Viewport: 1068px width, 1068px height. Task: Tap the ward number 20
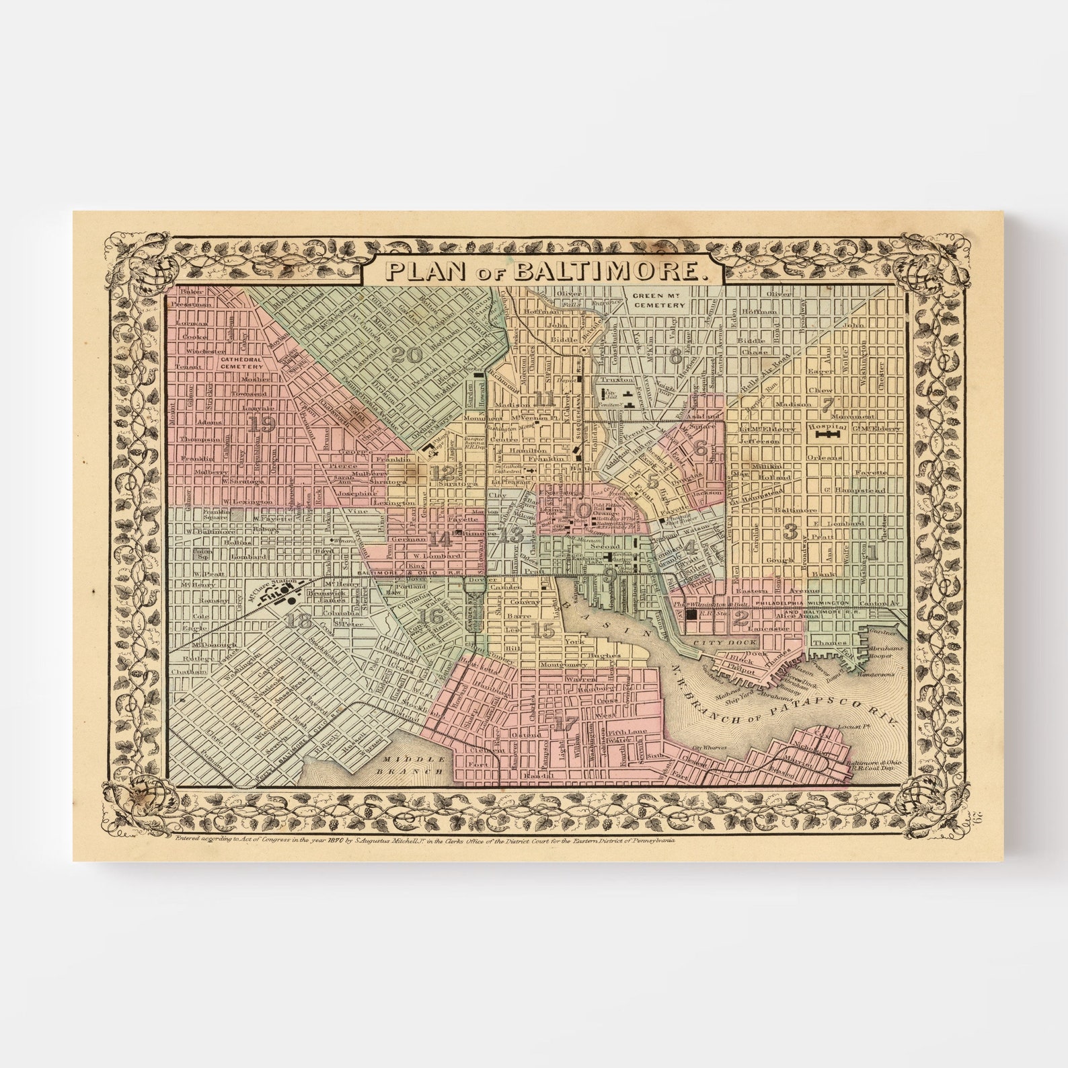click(408, 354)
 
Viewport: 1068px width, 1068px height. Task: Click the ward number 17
click(566, 724)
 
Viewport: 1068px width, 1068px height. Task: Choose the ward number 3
click(791, 532)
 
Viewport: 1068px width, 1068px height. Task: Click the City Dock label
click(716, 642)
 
